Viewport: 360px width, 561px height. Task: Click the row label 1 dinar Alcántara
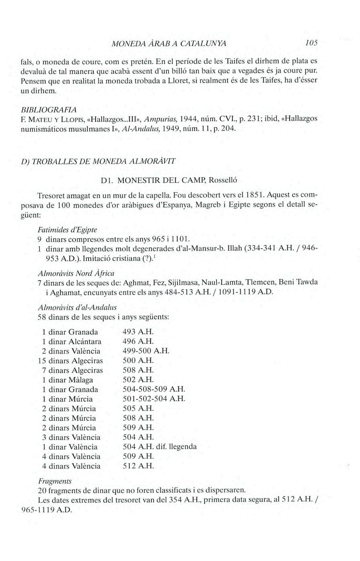(71, 342)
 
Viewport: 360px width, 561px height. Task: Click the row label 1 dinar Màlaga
(67, 380)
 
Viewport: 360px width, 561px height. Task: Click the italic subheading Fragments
(55, 481)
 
